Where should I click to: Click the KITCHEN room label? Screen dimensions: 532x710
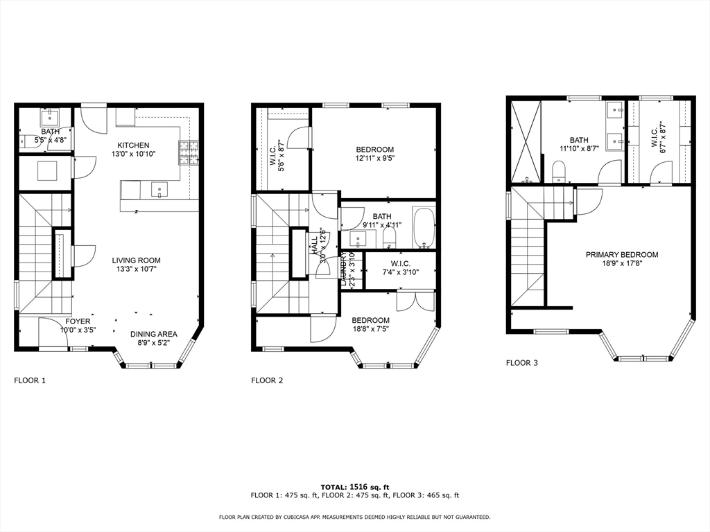pos(132,145)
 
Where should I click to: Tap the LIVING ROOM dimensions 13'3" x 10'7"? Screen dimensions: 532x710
pos(137,270)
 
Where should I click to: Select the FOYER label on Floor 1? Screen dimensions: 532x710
pos(78,321)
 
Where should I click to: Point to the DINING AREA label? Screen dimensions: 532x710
pos(154,333)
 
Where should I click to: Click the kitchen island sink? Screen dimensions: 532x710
pos(159,189)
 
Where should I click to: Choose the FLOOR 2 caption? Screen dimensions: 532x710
pos(268,380)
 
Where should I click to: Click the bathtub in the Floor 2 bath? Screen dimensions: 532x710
pos(423,228)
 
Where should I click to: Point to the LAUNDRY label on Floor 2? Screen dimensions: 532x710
pos(343,269)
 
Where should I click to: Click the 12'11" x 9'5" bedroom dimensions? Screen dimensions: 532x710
pos(375,159)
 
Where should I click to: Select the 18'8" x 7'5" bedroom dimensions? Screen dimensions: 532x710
pos(370,329)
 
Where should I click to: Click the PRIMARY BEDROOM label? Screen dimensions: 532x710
pos(622,255)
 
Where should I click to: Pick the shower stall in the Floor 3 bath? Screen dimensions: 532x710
pos(525,142)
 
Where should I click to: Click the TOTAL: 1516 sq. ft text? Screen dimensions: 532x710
pos(354,486)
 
